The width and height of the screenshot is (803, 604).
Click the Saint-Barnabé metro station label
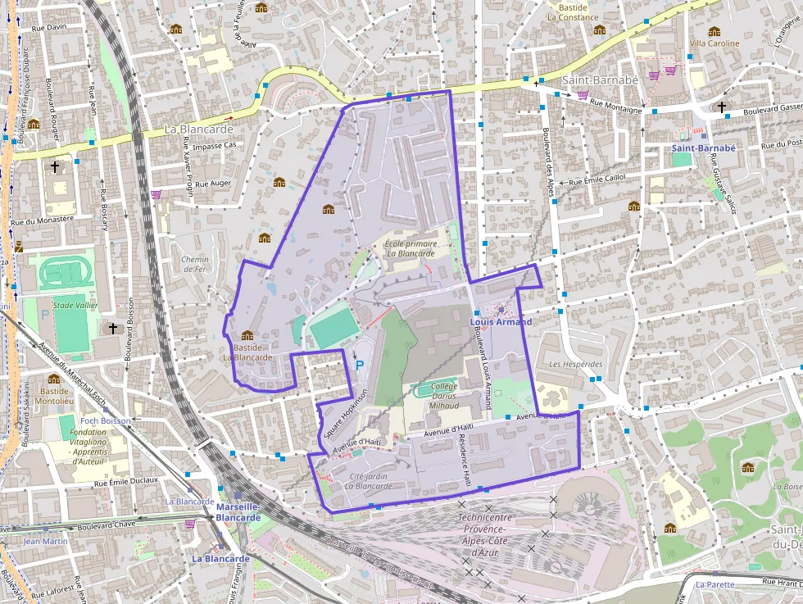pos(704,148)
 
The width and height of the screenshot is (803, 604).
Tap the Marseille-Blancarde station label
pos(238,512)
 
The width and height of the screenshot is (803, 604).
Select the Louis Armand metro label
pos(501,322)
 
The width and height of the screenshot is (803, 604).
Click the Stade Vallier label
pos(75,306)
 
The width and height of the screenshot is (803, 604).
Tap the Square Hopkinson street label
pos(345,422)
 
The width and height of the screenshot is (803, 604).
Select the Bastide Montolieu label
pos(53,397)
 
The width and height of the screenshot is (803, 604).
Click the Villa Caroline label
pos(714,43)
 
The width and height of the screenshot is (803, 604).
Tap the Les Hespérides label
pos(575,364)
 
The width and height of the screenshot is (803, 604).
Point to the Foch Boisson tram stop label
pos(105,421)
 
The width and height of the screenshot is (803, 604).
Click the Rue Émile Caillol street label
pos(597,181)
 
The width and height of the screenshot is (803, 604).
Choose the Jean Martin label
pos(46,541)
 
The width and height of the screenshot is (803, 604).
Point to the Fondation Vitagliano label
pos(88,447)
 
